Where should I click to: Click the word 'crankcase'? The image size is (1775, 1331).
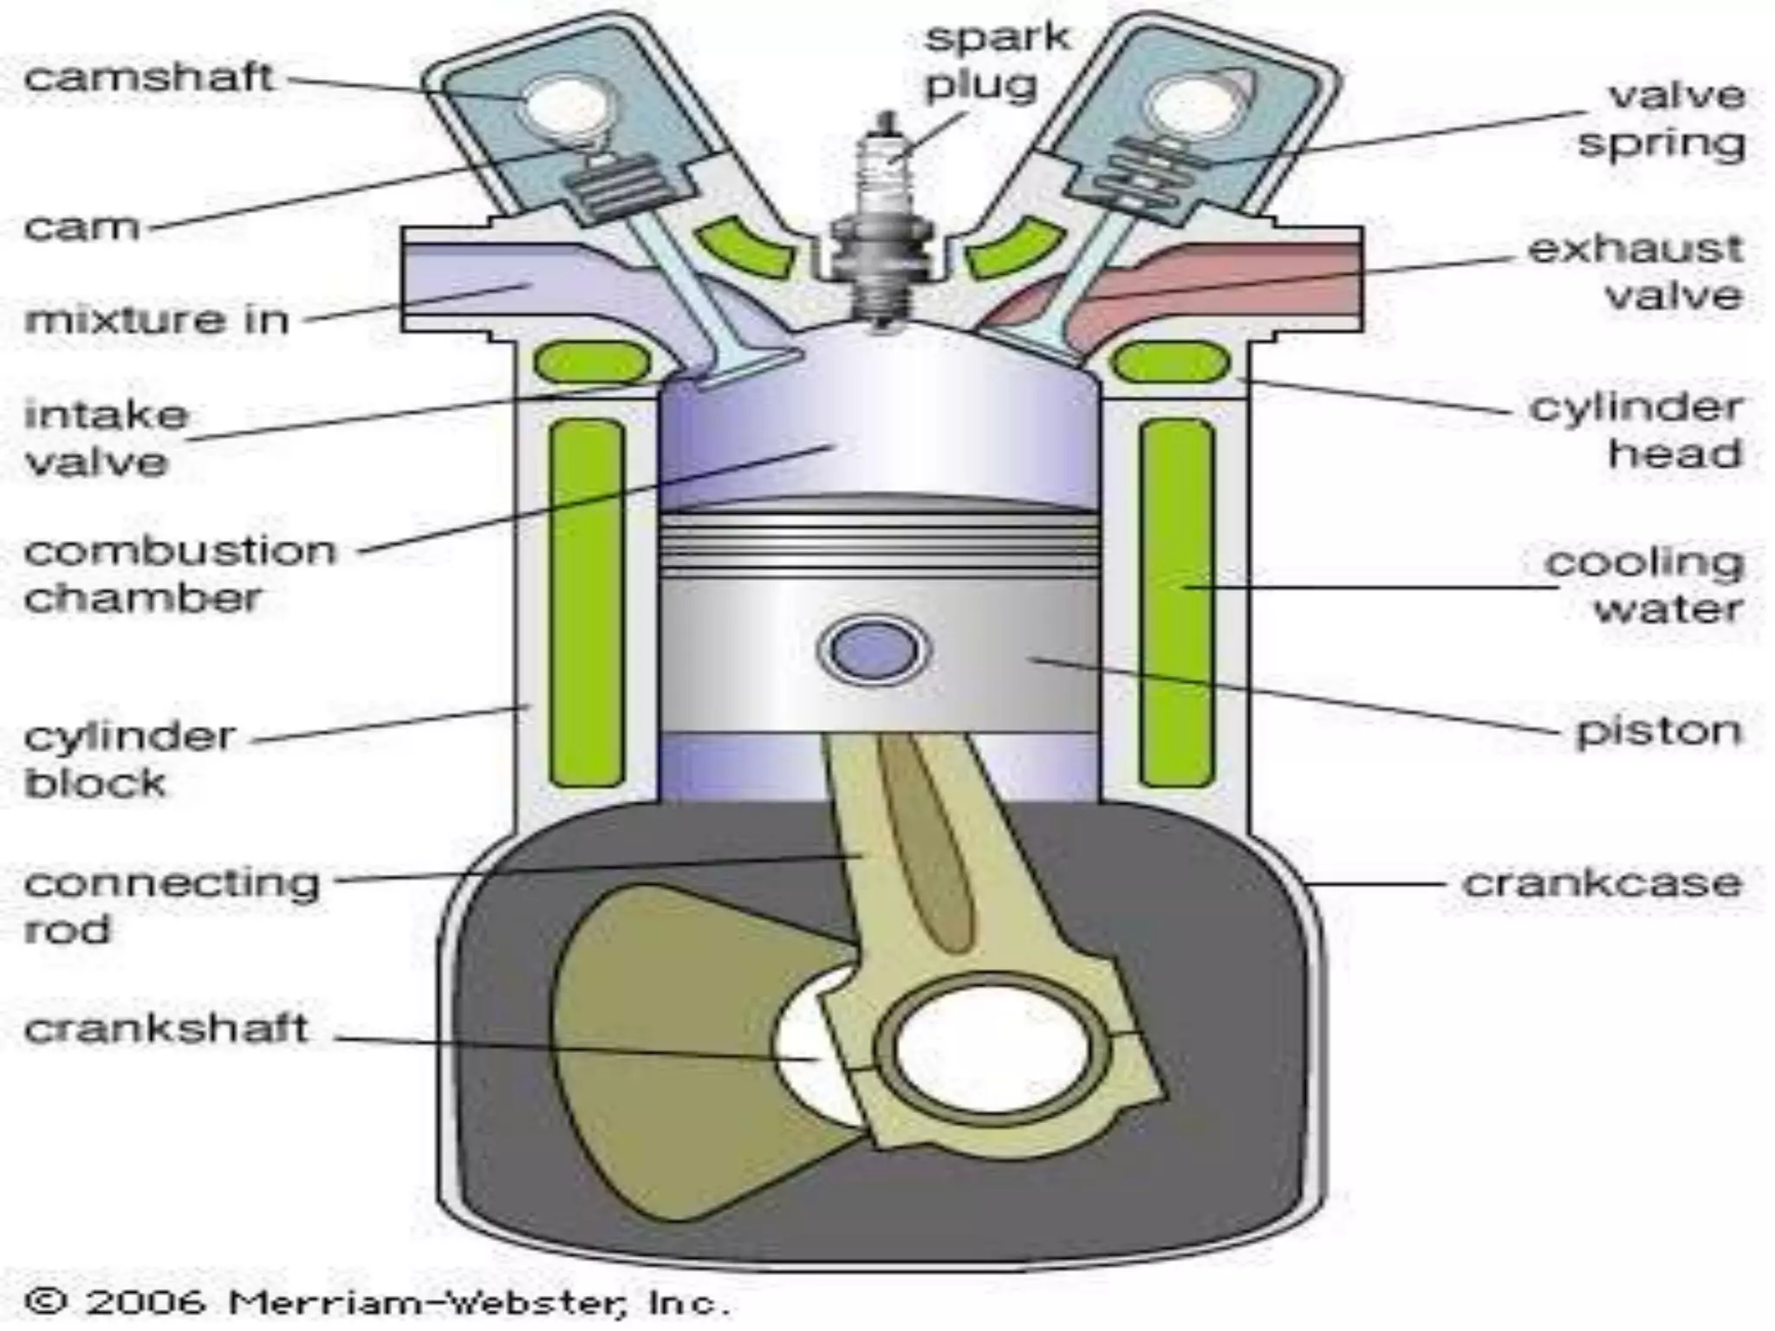click(1602, 884)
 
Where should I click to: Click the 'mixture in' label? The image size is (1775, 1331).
click(157, 320)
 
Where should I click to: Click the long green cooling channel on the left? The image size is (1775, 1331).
click(588, 602)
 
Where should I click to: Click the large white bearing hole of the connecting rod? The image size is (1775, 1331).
click(993, 1049)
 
